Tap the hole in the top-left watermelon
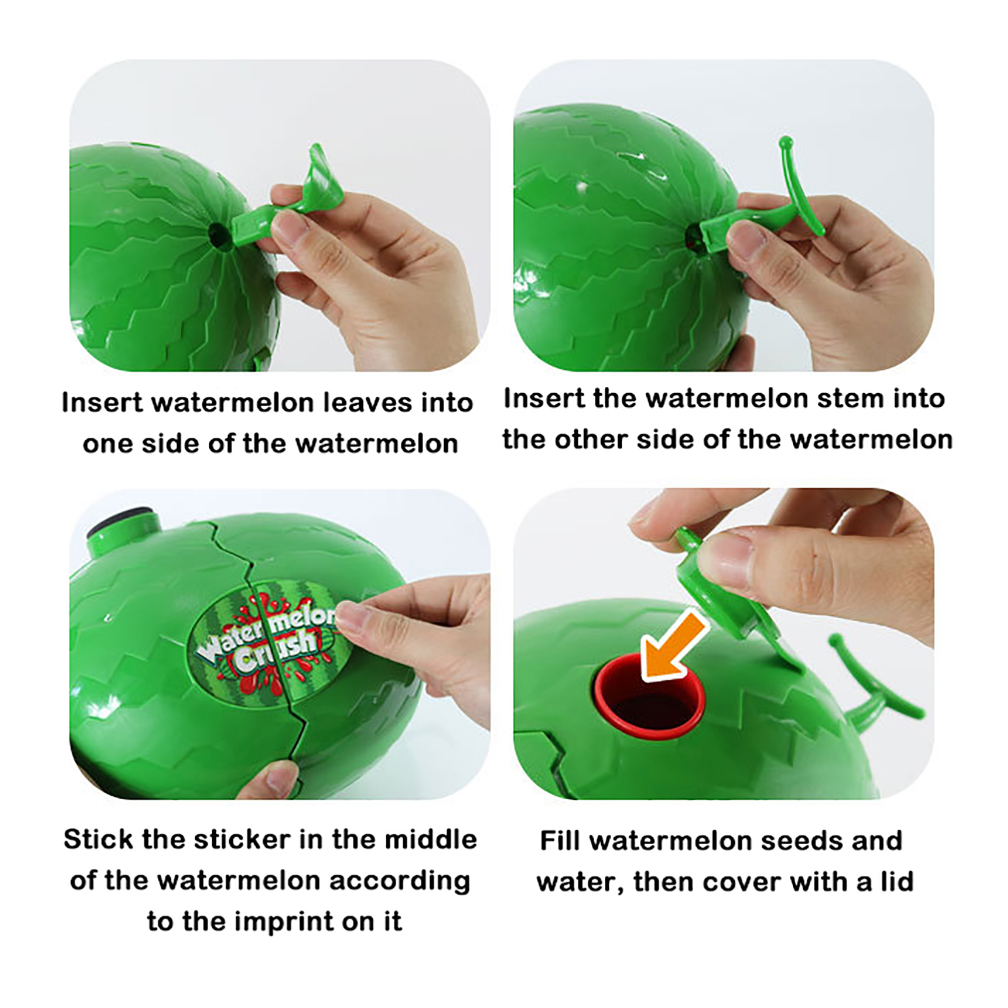click(218, 235)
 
